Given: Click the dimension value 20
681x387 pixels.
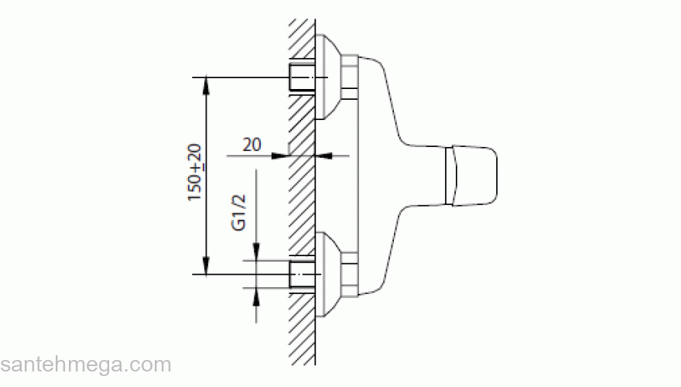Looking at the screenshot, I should [x=252, y=144].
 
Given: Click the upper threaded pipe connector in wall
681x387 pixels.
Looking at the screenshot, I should [x=301, y=77].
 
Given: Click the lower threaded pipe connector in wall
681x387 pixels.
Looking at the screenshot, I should [x=301, y=274].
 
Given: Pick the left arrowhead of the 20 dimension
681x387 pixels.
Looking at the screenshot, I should [x=280, y=156].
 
